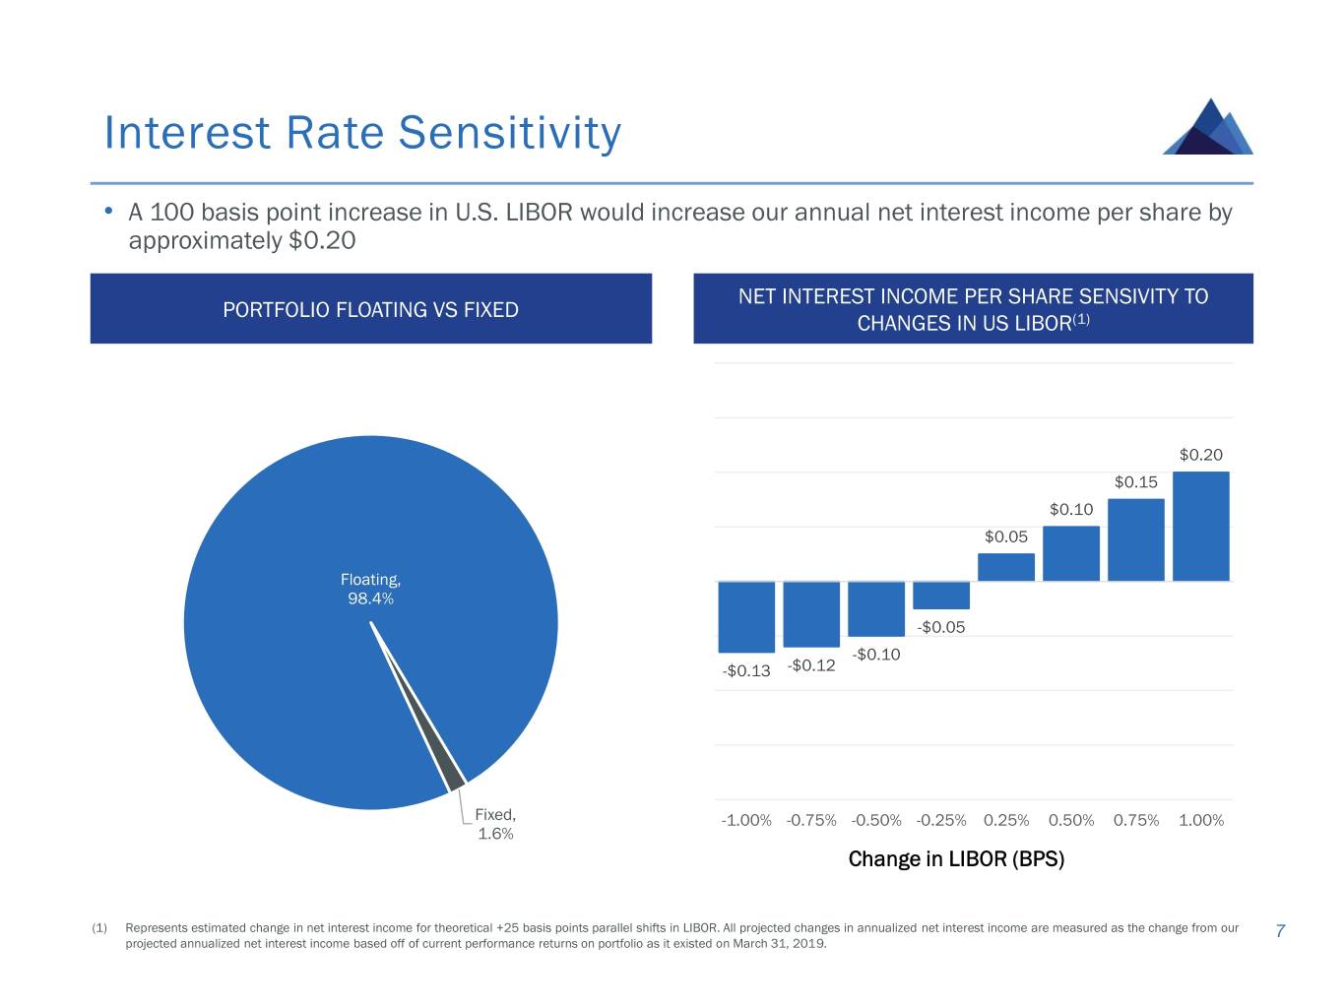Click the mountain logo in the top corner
coord(1208,128)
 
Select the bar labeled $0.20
coord(1200,526)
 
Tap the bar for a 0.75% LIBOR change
coord(1135,539)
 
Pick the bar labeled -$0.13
coord(746,616)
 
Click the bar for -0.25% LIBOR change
coord(941,595)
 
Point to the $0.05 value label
coord(1005,536)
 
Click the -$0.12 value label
coord(811,665)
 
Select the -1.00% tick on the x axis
coord(746,820)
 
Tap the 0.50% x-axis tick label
coord(1071,820)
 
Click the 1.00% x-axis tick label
coord(1200,820)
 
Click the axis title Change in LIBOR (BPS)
coord(956,859)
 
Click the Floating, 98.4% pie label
coord(370,589)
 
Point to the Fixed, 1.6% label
coord(495,824)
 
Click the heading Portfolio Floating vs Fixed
coord(370,309)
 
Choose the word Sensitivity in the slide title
coord(510,133)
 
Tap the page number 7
coord(1280,931)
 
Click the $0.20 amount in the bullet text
coord(322,241)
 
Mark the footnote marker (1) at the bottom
coord(99,928)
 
